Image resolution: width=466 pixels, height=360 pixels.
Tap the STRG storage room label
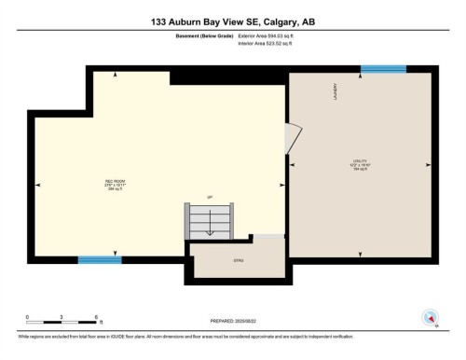coord(238,260)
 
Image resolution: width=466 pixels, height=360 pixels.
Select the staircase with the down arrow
coord(210,222)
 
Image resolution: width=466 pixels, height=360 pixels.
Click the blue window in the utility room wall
coord(383,68)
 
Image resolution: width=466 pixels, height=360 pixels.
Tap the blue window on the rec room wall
coord(99,259)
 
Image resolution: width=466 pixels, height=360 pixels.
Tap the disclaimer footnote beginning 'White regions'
coord(185,333)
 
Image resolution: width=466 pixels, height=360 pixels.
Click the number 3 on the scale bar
coord(62,316)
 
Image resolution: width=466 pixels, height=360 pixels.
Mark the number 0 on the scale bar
coord(28,316)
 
